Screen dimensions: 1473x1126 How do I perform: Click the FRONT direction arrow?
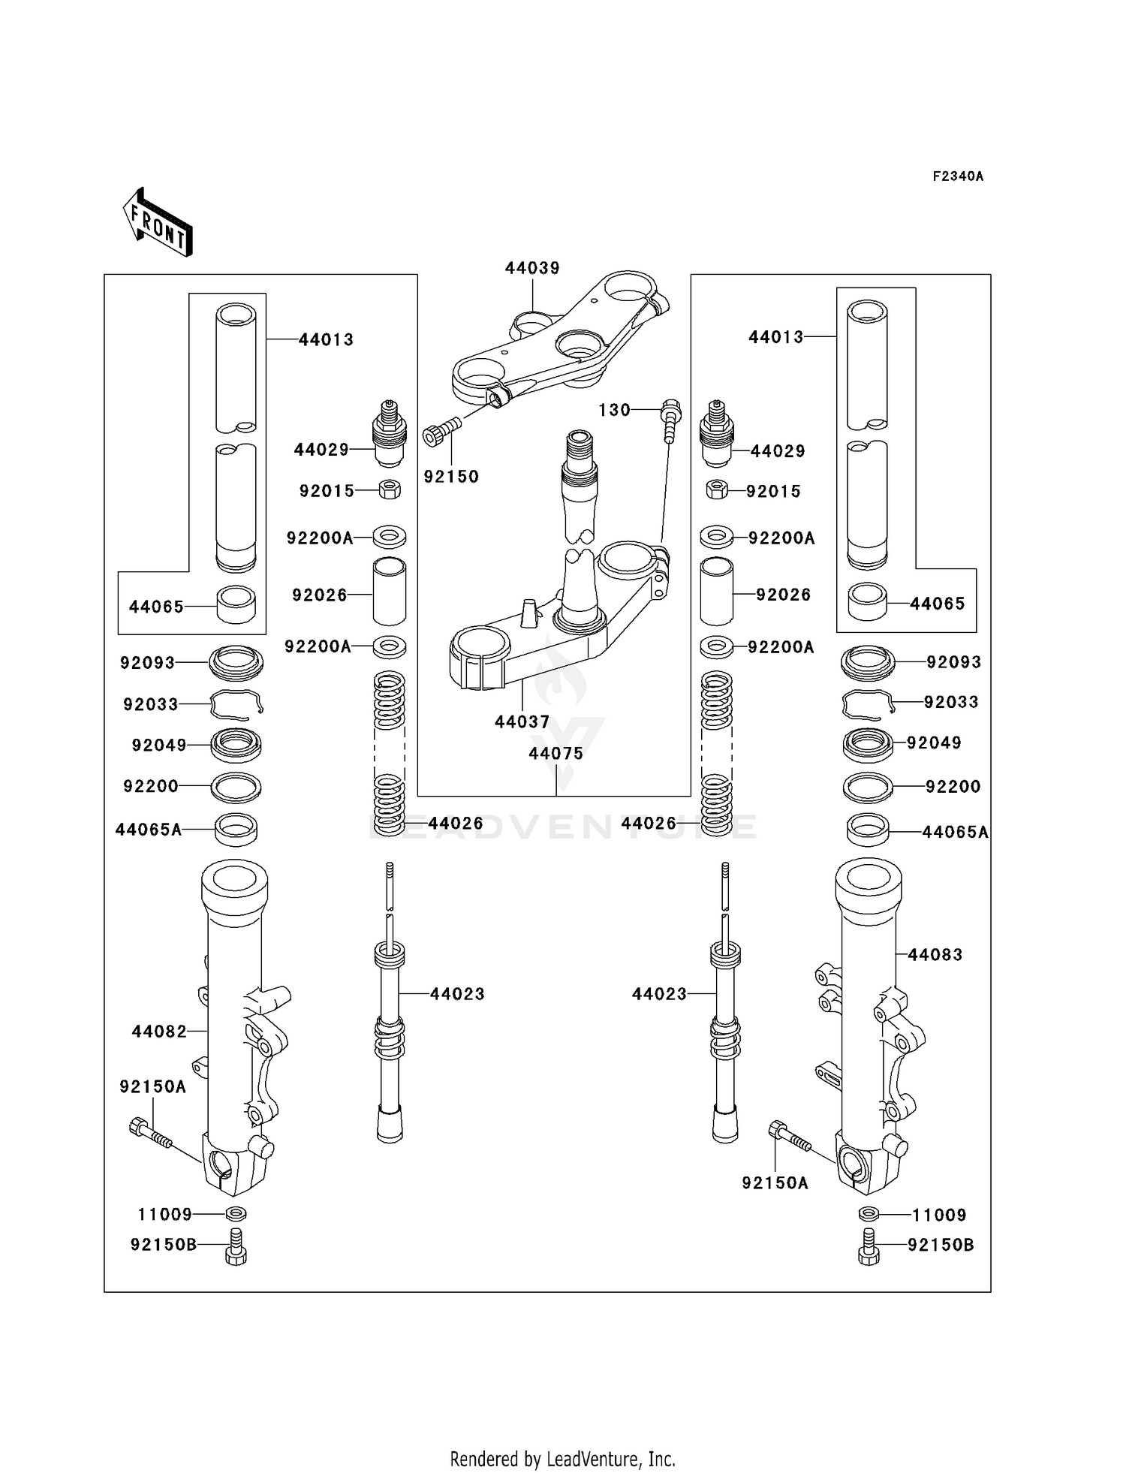point(158,223)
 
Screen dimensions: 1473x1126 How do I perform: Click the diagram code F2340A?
point(958,176)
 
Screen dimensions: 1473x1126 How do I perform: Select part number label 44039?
point(532,268)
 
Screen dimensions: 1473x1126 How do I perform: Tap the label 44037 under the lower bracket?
point(522,721)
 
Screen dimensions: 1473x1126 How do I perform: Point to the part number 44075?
point(555,753)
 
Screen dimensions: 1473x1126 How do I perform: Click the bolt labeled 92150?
point(442,435)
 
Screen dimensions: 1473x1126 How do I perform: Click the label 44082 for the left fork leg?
point(159,1032)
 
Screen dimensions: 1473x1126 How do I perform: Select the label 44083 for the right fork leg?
point(935,955)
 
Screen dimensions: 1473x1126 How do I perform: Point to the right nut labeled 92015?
point(717,491)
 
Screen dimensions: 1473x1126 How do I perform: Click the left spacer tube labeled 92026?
point(390,592)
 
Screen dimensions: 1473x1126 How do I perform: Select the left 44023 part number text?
point(457,994)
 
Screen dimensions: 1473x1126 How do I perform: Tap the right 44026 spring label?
point(649,824)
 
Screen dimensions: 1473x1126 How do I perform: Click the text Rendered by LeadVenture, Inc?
point(562,1459)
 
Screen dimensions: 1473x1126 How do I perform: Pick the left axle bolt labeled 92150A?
point(152,1133)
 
